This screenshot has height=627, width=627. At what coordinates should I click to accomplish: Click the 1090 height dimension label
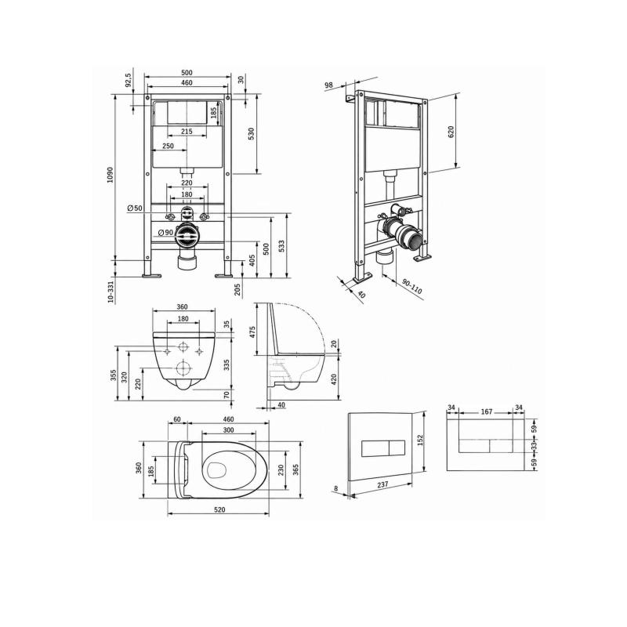coord(111,175)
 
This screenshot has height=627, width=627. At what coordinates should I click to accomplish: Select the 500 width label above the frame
coord(187,73)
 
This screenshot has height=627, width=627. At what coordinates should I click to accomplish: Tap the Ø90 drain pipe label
coord(165,232)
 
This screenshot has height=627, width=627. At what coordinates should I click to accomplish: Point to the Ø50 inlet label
coord(135,208)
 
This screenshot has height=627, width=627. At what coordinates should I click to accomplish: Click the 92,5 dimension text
coord(128,80)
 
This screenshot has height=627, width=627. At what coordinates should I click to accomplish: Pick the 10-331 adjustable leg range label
coord(111,292)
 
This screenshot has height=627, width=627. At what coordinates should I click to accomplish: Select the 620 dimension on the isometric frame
coord(451,132)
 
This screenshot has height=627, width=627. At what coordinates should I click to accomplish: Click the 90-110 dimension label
coord(412,286)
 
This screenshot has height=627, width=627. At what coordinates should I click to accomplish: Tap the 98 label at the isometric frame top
coord(328,85)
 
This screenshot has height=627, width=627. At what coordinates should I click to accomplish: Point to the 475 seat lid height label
coord(252,332)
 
